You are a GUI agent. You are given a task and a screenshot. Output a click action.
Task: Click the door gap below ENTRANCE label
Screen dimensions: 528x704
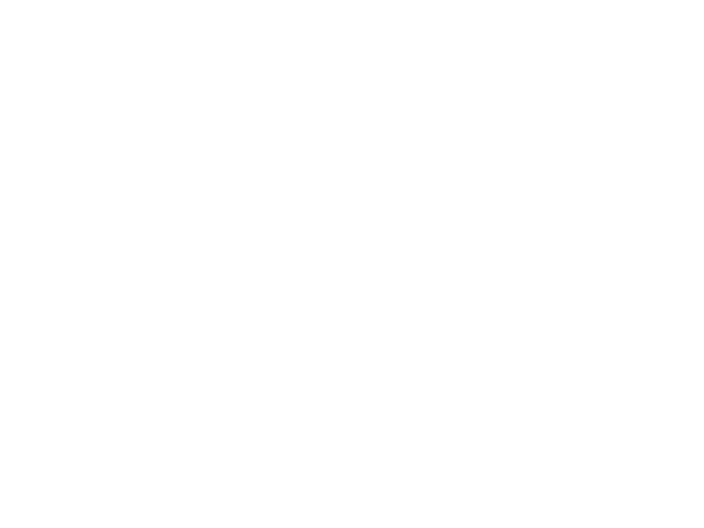click(85, 251)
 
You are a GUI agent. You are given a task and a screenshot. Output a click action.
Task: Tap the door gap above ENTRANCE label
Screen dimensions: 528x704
click(83, 126)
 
